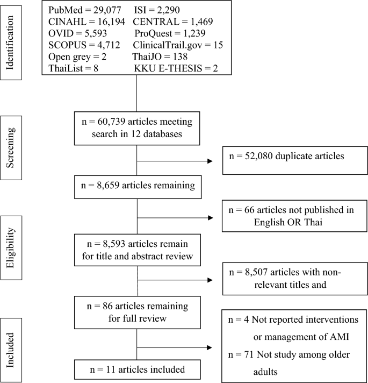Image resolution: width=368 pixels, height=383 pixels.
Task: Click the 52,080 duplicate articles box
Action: pyautogui.click(x=287, y=160)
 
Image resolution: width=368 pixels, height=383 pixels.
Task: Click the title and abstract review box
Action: pyautogui.click(x=138, y=249)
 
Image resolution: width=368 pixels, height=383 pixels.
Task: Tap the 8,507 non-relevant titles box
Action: pyautogui.click(x=287, y=279)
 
